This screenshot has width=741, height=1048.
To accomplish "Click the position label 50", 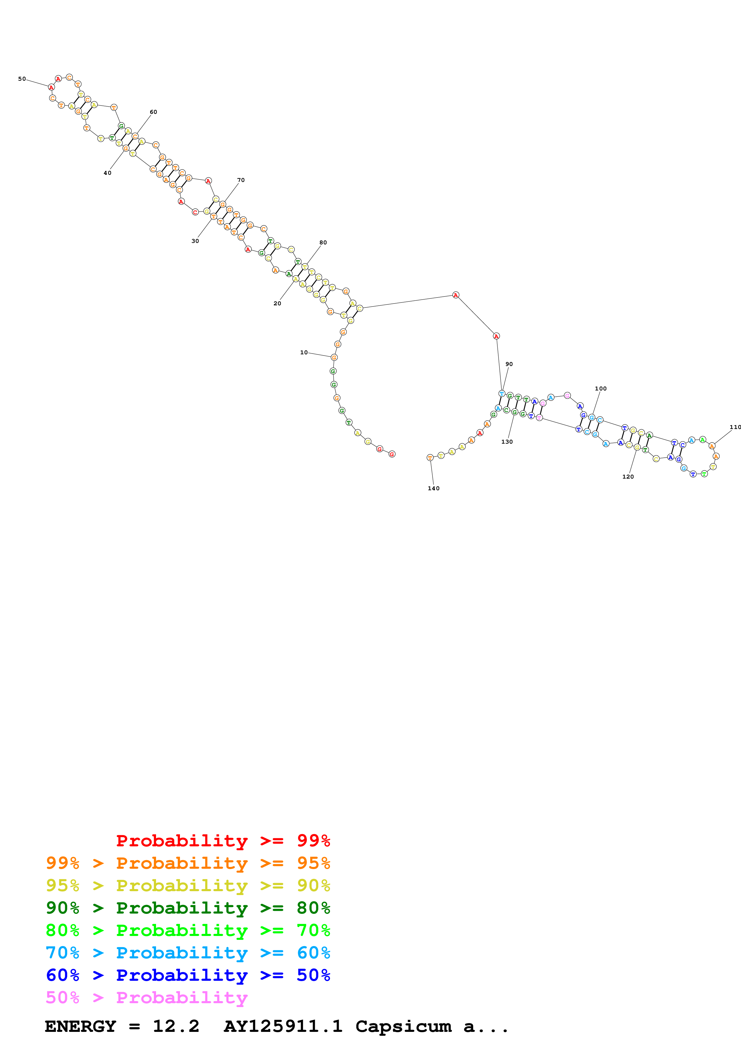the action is coord(22,79).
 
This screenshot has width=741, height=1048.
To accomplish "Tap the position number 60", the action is coord(153,112).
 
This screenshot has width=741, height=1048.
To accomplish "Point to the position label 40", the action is coord(107,173).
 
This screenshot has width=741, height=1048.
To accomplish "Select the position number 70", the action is coord(241,180).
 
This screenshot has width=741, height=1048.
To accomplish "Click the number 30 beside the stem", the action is coord(195,241).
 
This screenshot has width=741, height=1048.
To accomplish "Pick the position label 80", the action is coord(323,242).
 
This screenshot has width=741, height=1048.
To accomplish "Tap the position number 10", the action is coord(304,353).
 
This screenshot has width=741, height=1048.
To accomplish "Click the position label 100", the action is coord(601,388).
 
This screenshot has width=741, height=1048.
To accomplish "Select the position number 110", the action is coord(735,427).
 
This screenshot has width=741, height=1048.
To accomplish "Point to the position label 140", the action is coord(433,488).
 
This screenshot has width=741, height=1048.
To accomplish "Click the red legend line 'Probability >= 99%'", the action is coord(223,840).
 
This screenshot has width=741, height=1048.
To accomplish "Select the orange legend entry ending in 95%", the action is coord(188,863).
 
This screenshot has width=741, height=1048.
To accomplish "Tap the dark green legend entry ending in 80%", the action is coord(188,908).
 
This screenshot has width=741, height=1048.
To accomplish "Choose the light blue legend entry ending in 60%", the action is coord(188,953).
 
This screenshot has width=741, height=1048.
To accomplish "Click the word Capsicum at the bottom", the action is coord(403,1026).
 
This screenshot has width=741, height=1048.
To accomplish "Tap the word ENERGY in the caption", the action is coord(80,1026).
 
